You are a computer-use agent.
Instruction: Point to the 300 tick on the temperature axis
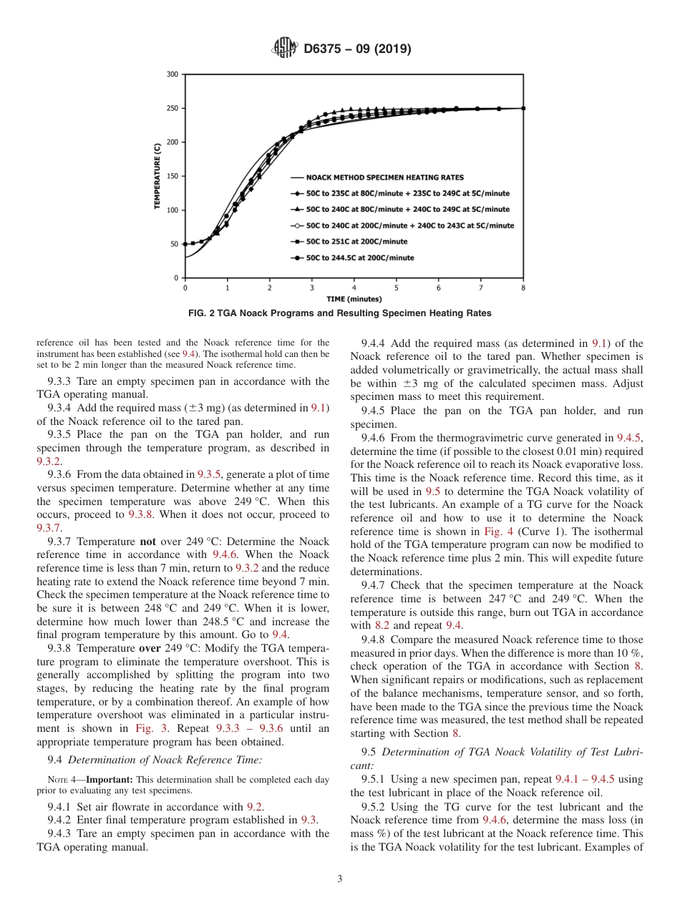pos(173,74)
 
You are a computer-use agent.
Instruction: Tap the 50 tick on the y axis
pos(175,244)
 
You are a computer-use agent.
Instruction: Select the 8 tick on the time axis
pos(523,288)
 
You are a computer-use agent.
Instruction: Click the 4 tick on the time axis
pos(354,288)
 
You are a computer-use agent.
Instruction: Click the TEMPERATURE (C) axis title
pos(157,175)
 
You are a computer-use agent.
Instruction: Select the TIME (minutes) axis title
pos(354,299)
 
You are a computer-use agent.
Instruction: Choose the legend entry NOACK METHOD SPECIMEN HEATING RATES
pos(384,177)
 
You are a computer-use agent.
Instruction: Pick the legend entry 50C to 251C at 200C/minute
pos(356,242)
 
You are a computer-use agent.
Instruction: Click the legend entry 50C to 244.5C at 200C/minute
pos(359,258)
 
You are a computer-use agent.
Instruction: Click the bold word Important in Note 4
pos(109,779)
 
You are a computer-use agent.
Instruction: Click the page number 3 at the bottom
pos(340,879)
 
